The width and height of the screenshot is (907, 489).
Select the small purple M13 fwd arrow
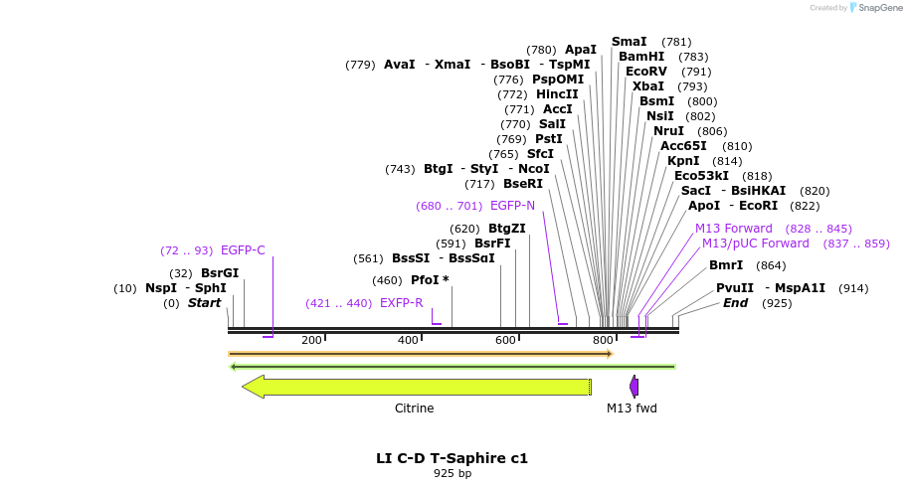click(x=634, y=387)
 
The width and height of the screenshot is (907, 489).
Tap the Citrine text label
click(x=414, y=408)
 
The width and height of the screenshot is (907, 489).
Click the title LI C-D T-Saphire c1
click(x=452, y=458)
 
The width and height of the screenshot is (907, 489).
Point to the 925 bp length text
click(x=452, y=474)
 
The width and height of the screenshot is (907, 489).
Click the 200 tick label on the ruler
click(x=311, y=340)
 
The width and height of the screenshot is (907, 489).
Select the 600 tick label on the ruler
click(x=505, y=340)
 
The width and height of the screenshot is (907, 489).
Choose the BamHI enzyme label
click(x=641, y=57)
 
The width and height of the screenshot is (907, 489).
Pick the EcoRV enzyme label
click(x=646, y=72)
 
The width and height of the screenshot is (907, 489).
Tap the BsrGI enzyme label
click(x=220, y=273)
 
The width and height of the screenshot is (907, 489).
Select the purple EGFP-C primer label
click(x=243, y=250)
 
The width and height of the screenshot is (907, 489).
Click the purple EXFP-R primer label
click(x=401, y=303)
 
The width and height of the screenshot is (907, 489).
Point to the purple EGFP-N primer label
click(x=512, y=206)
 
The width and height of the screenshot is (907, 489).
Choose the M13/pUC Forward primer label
click(x=756, y=244)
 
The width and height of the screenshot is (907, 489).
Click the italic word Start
click(x=204, y=303)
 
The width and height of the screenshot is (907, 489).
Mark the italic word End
click(x=735, y=303)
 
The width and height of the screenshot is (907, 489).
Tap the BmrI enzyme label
click(x=726, y=265)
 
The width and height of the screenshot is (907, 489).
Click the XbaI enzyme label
click(x=647, y=86)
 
